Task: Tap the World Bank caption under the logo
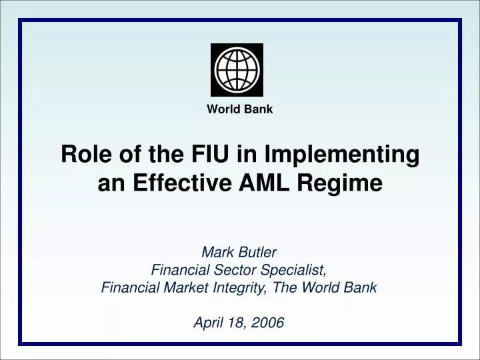(240, 109)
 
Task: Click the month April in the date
(209, 324)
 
